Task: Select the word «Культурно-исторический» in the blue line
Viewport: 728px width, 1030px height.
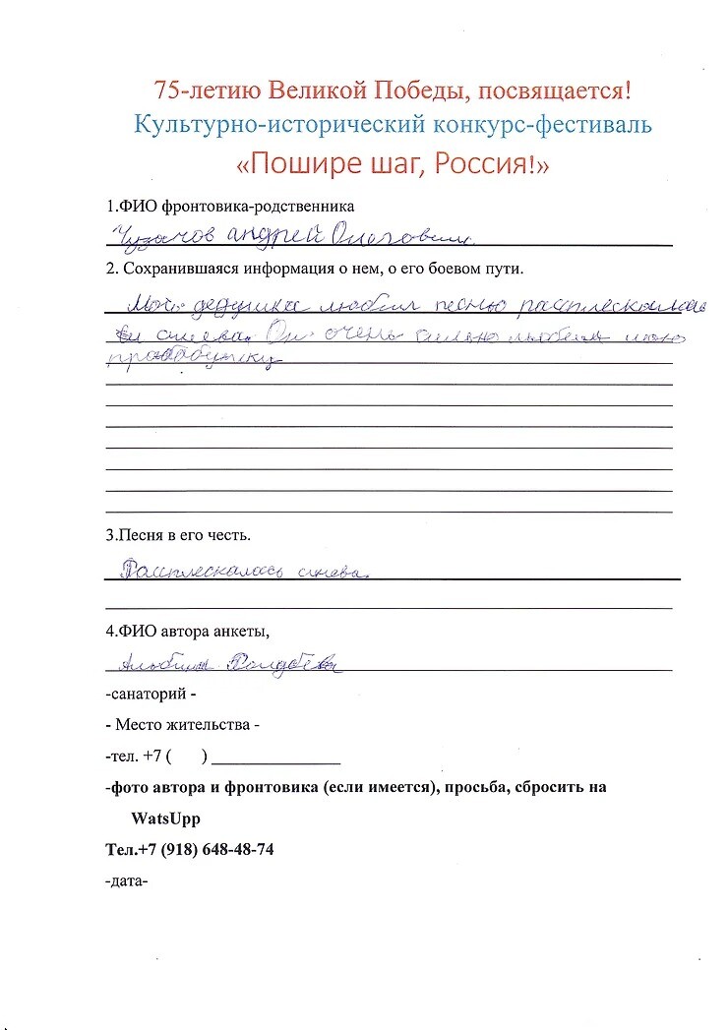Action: point(257,125)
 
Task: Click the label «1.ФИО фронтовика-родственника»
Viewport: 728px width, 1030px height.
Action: point(230,208)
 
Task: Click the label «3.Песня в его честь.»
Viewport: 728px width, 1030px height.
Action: point(178,536)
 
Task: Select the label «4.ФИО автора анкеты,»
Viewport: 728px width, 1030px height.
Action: point(187,631)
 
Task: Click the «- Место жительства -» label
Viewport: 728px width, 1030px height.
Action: point(182,726)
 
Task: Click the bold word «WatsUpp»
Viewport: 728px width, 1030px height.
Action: point(165,818)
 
